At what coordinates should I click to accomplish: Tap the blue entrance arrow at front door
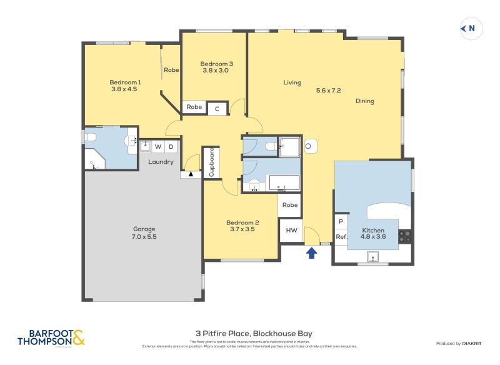tap(311, 252)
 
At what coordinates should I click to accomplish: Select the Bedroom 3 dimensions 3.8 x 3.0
tap(217, 71)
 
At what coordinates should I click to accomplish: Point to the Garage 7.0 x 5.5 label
tap(144, 233)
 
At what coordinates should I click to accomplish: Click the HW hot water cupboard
tap(291, 230)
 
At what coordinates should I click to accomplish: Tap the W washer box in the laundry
tap(157, 147)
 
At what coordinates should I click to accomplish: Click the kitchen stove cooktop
tap(405, 237)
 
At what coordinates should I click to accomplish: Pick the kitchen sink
tap(373, 255)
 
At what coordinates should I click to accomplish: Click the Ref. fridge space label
tap(341, 237)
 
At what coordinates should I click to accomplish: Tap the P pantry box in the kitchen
tap(341, 221)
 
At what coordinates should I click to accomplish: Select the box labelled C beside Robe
tap(217, 108)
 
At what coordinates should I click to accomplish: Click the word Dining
tap(365, 101)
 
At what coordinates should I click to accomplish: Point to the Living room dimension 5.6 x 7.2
tap(328, 91)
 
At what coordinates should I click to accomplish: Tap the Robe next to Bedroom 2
tap(290, 204)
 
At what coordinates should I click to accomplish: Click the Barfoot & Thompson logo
tap(51, 338)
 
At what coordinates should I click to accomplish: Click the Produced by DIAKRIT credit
tap(457, 343)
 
